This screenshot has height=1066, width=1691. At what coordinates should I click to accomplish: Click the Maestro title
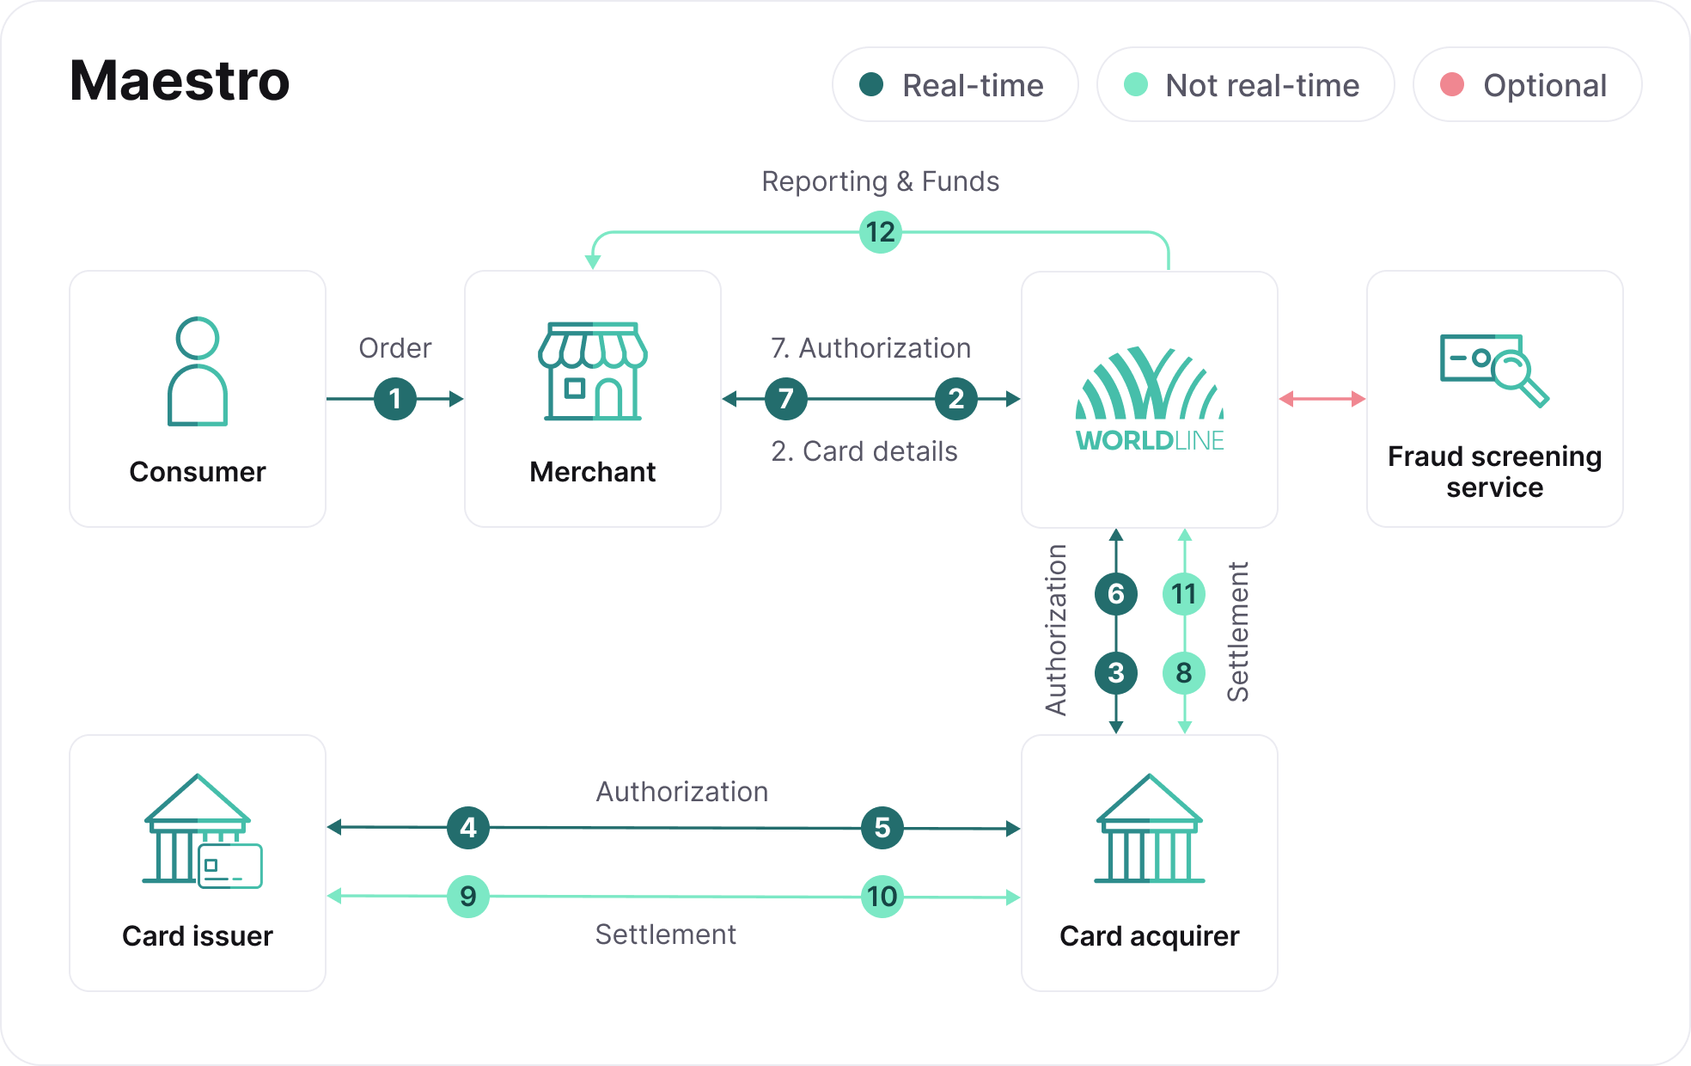pyautogui.click(x=180, y=82)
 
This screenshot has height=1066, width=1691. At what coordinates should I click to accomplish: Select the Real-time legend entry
pyautogui.click(x=955, y=85)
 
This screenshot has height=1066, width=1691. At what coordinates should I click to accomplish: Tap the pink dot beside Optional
pyautogui.click(x=1451, y=84)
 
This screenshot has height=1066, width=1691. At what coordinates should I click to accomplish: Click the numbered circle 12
pyautogui.click(x=880, y=232)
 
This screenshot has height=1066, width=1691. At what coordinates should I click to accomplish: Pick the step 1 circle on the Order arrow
pyautogui.click(x=395, y=399)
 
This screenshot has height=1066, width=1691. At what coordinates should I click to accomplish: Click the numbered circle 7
pyautogui.click(x=785, y=399)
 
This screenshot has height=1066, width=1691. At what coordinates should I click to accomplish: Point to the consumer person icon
pyautogui.click(x=198, y=371)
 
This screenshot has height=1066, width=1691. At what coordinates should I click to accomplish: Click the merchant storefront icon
pyautogui.click(x=593, y=371)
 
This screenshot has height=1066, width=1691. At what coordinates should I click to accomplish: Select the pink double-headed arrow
pyautogui.click(x=1322, y=399)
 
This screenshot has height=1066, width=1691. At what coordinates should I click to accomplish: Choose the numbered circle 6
pyautogui.click(x=1115, y=594)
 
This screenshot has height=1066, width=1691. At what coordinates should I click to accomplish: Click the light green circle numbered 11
pyautogui.click(x=1184, y=594)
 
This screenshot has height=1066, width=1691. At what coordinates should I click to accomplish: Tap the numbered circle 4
pyautogui.click(x=468, y=828)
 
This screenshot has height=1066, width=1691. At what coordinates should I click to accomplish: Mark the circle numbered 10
pyautogui.click(x=882, y=897)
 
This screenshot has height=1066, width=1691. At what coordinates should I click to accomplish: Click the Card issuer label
pyautogui.click(x=198, y=935)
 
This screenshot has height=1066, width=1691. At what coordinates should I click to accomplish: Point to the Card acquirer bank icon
pyautogui.click(x=1150, y=829)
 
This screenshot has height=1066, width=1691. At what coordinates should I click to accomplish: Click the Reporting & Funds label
pyautogui.click(x=880, y=181)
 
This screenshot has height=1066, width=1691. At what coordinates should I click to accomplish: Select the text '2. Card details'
pyautogui.click(x=864, y=451)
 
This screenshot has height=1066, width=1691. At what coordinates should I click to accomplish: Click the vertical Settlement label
pyautogui.click(x=1237, y=632)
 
